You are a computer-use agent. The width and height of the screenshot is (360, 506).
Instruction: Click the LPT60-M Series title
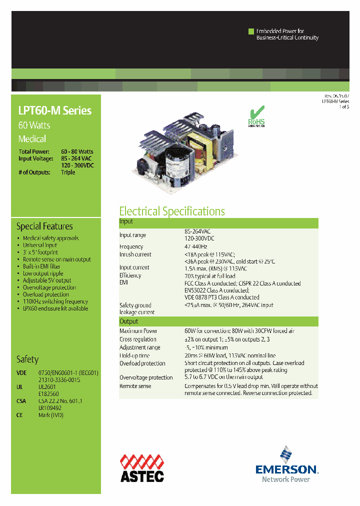[55, 110]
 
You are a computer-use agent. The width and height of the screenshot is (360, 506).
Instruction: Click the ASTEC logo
[141, 468]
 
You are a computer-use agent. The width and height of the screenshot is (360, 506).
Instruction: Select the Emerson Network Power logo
[286, 465]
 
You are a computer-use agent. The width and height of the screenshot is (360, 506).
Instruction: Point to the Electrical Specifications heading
[172, 211]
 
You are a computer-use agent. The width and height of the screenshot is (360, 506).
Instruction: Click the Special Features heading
[44, 226]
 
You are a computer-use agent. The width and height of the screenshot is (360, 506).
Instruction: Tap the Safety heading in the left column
[27, 359]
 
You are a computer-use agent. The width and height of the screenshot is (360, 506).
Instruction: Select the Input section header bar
[218, 221]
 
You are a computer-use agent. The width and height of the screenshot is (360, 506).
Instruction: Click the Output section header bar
[218, 321]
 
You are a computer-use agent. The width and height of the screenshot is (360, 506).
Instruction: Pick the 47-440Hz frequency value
[195, 246]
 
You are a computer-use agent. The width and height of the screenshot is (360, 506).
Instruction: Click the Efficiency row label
[130, 275]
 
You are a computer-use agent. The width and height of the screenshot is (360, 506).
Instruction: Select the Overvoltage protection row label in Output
[146, 377]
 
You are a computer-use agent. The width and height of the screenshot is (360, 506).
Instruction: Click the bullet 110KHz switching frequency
[55, 301]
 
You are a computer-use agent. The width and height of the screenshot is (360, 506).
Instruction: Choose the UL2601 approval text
[48, 387]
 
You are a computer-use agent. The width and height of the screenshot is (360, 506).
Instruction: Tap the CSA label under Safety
[21, 401]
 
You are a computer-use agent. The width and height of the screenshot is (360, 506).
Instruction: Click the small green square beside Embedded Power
[251, 31]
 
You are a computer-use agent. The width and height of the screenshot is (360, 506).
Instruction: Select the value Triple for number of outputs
[68, 172]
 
